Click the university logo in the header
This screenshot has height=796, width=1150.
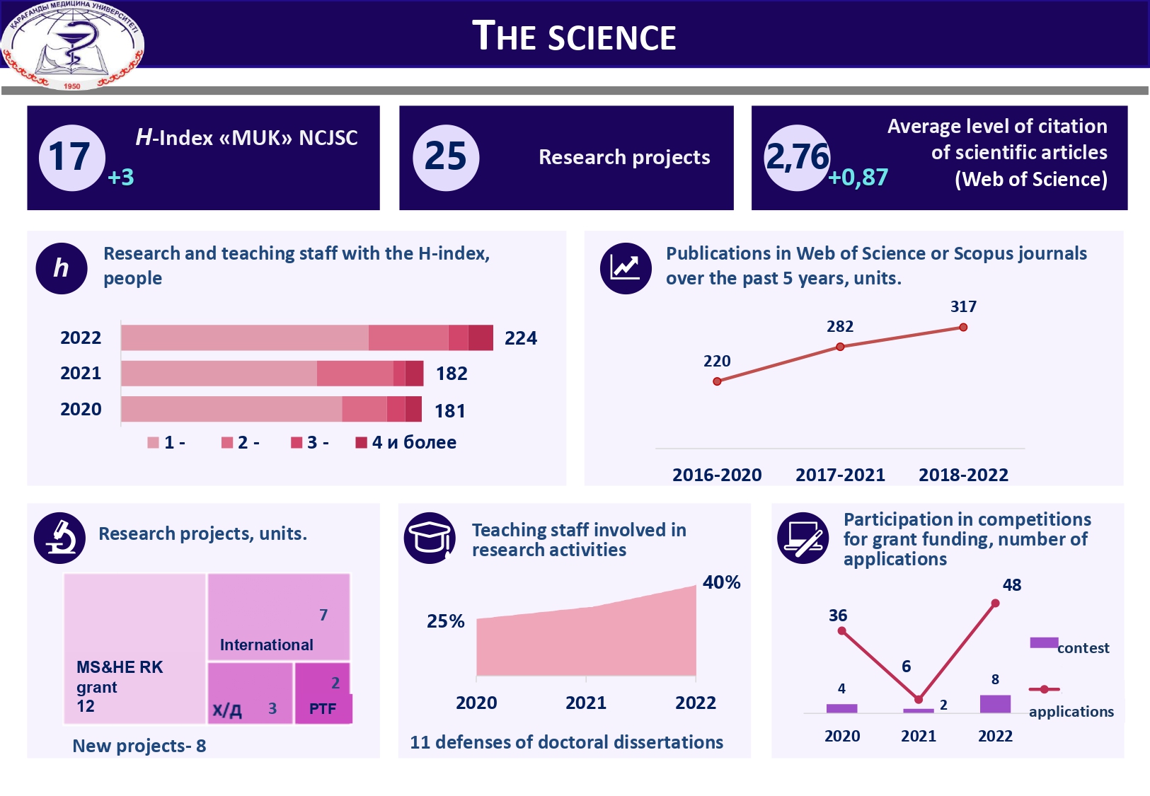(73, 45)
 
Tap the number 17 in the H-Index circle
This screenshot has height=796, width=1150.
(69, 156)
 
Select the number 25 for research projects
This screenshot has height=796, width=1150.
(445, 156)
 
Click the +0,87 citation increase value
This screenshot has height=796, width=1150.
(858, 177)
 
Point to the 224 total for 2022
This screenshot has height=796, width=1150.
(520, 338)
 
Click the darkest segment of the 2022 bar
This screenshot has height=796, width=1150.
(481, 338)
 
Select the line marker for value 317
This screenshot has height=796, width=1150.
(963, 328)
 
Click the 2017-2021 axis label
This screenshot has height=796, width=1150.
(840, 475)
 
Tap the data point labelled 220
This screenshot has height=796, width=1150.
(717, 381)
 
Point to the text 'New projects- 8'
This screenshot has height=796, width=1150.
(139, 746)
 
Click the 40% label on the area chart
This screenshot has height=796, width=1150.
(721, 582)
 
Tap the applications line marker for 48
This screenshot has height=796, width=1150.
(995, 604)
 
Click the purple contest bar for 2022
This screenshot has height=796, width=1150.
(995, 704)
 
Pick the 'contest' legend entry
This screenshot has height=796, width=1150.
(1069, 646)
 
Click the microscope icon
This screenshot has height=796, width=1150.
(60, 538)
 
